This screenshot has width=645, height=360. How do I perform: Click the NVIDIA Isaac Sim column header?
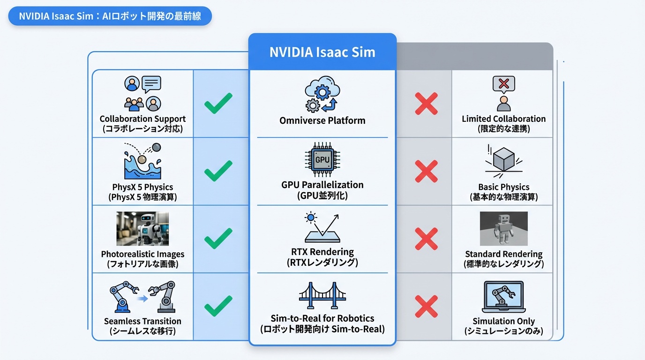pyautogui.click(x=322, y=52)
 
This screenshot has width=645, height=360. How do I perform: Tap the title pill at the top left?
pyautogui.click(x=110, y=16)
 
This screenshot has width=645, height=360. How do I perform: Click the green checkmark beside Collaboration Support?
pyautogui.click(x=218, y=103)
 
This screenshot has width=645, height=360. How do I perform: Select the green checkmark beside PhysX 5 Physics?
pyautogui.click(x=218, y=171)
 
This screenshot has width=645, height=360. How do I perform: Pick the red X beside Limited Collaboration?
pyautogui.click(x=426, y=104)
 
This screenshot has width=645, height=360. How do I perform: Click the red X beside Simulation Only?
pyautogui.click(x=426, y=307)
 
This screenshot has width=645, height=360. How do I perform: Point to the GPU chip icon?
pyautogui.click(x=322, y=159)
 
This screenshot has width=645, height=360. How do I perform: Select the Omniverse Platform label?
pyautogui.click(x=322, y=120)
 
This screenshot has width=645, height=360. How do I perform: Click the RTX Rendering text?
pyautogui.click(x=322, y=252)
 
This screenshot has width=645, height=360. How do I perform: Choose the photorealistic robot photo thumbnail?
pyautogui.click(x=142, y=229)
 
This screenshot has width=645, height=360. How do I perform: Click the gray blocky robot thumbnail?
pyautogui.click(x=503, y=229)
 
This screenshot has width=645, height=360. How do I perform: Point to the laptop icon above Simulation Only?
pyautogui.click(x=503, y=297)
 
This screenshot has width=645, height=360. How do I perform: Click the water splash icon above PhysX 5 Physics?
pyautogui.click(x=142, y=161)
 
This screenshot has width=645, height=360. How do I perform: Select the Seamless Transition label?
pyautogui.click(x=142, y=321)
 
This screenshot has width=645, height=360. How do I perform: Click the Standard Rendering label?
pyautogui.click(x=503, y=254)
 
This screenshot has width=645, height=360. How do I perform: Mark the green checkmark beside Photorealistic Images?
pyautogui.click(x=218, y=239)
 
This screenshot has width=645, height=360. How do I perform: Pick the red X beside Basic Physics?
pyautogui.click(x=426, y=171)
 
